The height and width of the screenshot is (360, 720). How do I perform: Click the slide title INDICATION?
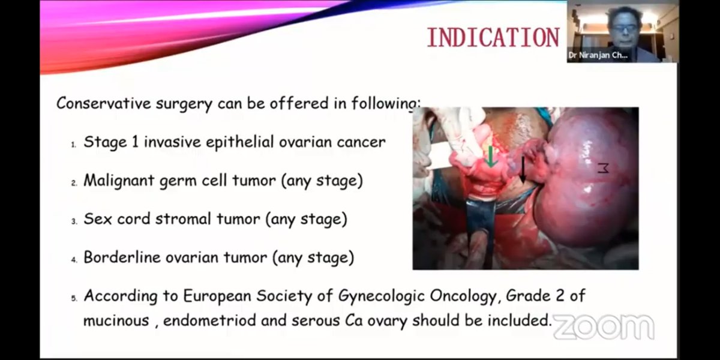[x=493, y=37]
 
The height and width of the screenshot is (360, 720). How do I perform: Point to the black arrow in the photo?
[x=523, y=170]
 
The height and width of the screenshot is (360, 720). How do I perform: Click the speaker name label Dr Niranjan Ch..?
[x=598, y=55]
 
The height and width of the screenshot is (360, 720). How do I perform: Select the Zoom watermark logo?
[x=603, y=327]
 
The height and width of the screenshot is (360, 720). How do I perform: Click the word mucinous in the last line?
[x=116, y=320]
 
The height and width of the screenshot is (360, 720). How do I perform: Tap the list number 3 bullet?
[x=74, y=221]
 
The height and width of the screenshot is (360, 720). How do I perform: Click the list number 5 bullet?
[x=74, y=298]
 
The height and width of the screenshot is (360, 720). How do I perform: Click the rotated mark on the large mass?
[x=602, y=169]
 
